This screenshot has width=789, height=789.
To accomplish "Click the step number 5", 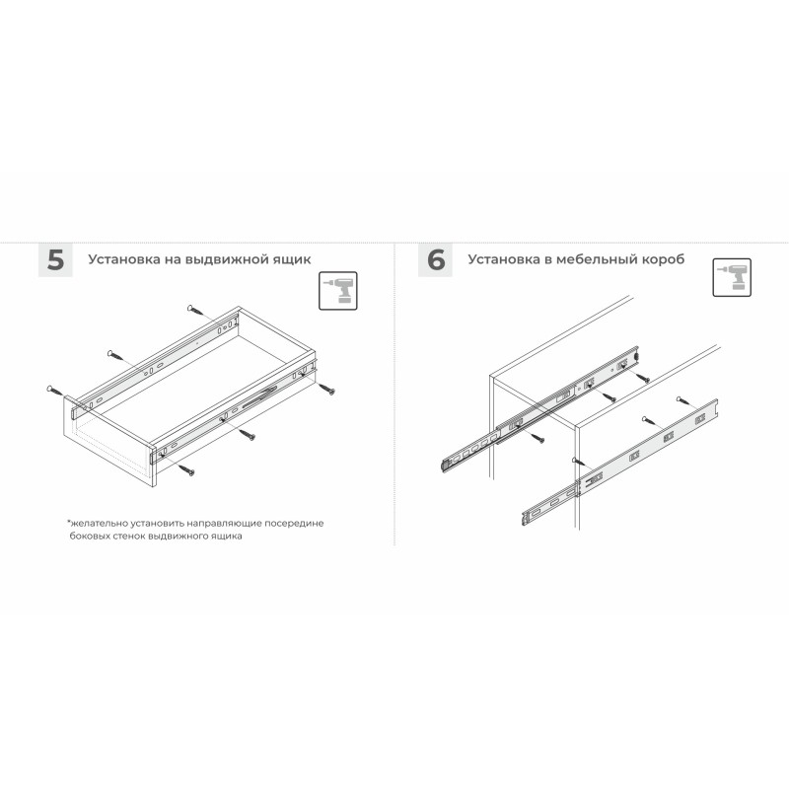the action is tap(56, 260).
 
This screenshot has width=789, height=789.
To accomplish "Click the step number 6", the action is tap(436, 260).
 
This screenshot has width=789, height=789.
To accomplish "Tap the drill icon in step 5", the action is tap(338, 291).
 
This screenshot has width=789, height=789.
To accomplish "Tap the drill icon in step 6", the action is tap(732, 278).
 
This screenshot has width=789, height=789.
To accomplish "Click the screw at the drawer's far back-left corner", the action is tap(197, 312).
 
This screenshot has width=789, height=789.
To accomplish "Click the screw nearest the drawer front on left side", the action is tap(58, 392).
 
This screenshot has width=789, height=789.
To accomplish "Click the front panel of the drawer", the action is tap(108, 442).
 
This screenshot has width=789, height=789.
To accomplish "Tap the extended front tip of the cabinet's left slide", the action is tap(445, 465).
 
